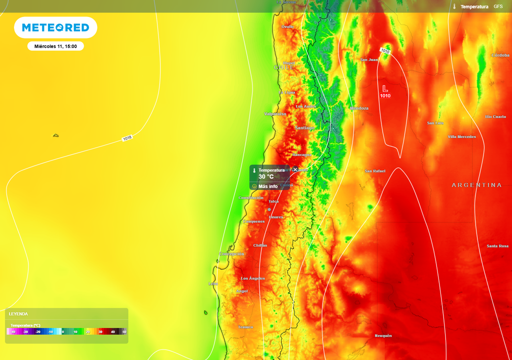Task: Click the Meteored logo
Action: pyautogui.click(x=55, y=27)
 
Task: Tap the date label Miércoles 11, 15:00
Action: pyautogui.click(x=55, y=46)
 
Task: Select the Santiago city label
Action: pyautogui.click(x=305, y=128)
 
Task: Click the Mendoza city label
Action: pyautogui.click(x=359, y=108)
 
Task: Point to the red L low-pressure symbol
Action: pyautogui.click(x=385, y=87)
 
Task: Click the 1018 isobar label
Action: pyautogui.click(x=127, y=138)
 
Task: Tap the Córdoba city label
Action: pyautogui.click(x=500, y=55)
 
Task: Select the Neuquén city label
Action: pyautogui.click(x=383, y=335)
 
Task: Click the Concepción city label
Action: pyautogui.click(x=231, y=254)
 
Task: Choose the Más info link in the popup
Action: pyautogui.click(x=268, y=186)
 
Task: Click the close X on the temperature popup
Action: pyautogui.click(x=295, y=169)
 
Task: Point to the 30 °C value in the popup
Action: pyautogui.click(x=266, y=176)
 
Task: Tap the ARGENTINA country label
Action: pyautogui.click(x=476, y=185)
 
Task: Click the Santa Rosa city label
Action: pyautogui.click(x=497, y=246)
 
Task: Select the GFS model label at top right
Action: pyautogui.click(x=498, y=6)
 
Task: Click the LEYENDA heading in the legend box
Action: pyautogui.click(x=18, y=314)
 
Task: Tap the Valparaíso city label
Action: pyautogui.click(x=275, y=114)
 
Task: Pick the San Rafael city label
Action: pyautogui.click(x=375, y=171)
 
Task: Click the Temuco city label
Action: pyautogui.click(x=245, y=327)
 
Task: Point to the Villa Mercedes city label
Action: pyautogui.click(x=461, y=136)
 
